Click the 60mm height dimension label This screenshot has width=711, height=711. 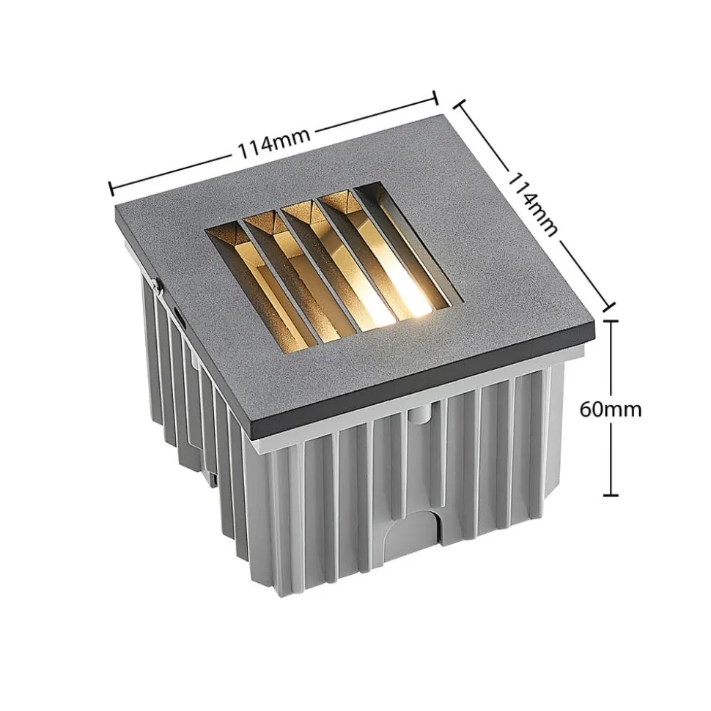pyautogui.click(x=610, y=409)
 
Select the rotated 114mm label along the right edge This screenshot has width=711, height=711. pyautogui.click(x=531, y=203)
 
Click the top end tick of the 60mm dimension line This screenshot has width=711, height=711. pyautogui.click(x=611, y=320)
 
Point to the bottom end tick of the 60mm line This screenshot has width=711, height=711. pyautogui.click(x=611, y=495)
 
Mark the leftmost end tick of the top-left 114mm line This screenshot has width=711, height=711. pyautogui.click(x=111, y=189)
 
